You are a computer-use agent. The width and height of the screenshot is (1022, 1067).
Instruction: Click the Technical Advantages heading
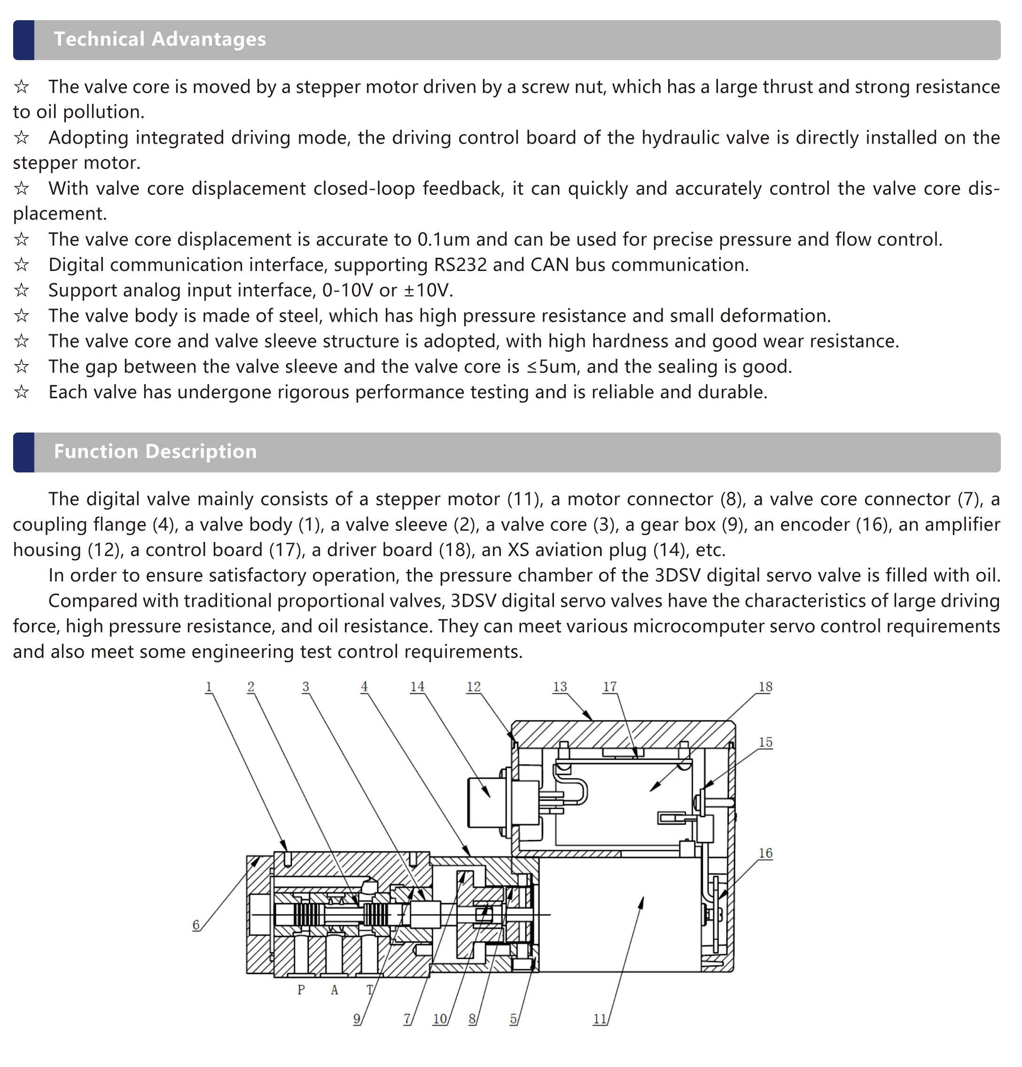tap(160, 39)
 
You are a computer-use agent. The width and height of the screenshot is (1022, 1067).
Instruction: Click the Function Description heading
tap(155, 452)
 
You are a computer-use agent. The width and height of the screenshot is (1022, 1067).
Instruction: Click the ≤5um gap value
tap(551, 367)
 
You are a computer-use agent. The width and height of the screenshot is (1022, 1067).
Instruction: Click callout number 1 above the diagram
tap(208, 687)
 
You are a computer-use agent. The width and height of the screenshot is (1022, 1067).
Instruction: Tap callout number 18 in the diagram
tap(765, 687)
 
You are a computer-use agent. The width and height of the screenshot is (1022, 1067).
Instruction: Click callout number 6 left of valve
tap(196, 925)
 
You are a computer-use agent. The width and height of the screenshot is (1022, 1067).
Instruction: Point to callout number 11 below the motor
tap(599, 1019)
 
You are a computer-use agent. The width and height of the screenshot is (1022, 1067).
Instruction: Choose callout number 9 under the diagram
tap(357, 1019)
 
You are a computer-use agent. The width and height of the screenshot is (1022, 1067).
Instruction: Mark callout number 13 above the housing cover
tap(560, 687)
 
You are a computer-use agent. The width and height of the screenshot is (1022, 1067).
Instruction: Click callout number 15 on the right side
tap(765, 742)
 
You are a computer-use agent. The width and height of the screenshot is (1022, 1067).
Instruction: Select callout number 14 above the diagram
tap(417, 687)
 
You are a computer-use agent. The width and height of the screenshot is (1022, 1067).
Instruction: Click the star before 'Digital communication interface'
tap(21, 265)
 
